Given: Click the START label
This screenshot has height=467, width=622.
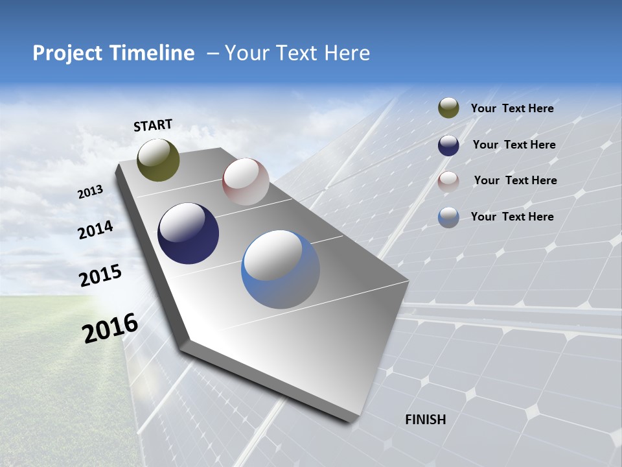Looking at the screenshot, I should coord(153,125).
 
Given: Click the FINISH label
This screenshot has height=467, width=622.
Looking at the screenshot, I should coord(425,420).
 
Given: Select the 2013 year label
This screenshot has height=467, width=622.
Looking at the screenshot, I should coord(90,192).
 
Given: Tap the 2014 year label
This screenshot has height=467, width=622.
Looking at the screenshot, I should coord(96,230).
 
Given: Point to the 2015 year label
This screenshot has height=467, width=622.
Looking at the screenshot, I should coord(100,276).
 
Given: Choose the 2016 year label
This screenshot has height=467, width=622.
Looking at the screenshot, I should coord(110,328).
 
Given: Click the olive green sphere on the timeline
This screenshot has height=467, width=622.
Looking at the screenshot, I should coord(158,160).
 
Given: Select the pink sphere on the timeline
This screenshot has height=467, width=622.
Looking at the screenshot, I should coord(246,182).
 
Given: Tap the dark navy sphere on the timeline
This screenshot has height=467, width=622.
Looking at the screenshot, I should coord(188,233).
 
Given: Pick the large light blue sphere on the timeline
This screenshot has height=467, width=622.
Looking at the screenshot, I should coord(281,269).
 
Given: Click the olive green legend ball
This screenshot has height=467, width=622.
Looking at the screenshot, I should coord(448,108).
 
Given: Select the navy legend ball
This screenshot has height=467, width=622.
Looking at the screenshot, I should coord(448,145).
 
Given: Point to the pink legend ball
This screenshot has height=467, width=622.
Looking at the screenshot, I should coord(448,182).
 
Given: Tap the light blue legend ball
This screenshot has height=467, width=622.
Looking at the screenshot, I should coord(448,217).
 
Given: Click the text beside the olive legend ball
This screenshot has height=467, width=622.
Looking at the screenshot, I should coord(512,109).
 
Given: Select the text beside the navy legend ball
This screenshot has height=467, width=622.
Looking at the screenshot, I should coord(514,145).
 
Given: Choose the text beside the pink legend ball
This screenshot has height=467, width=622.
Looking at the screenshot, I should coord(515,180).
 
